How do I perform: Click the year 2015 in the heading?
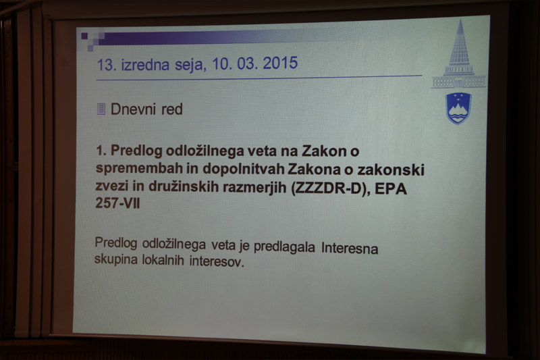tap(280, 63)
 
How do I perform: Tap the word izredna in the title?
tap(145, 65)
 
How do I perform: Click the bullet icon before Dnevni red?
tap(101, 109)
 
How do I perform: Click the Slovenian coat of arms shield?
tap(458, 108)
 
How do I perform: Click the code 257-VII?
tap(117, 203)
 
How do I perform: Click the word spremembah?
tap(139, 169)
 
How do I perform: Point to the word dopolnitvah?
tap(244, 169)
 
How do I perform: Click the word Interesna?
tap(350, 248)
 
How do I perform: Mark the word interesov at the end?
tap(217, 261)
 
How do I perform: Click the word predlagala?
tap(284, 247)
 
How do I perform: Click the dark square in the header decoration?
tap(84, 36)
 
